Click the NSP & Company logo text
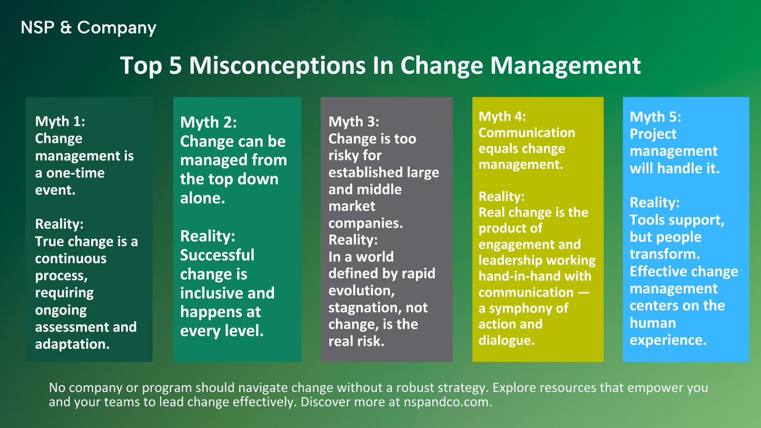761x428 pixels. (x=88, y=27)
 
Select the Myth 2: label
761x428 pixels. (x=209, y=122)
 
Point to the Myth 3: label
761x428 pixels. (x=355, y=120)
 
